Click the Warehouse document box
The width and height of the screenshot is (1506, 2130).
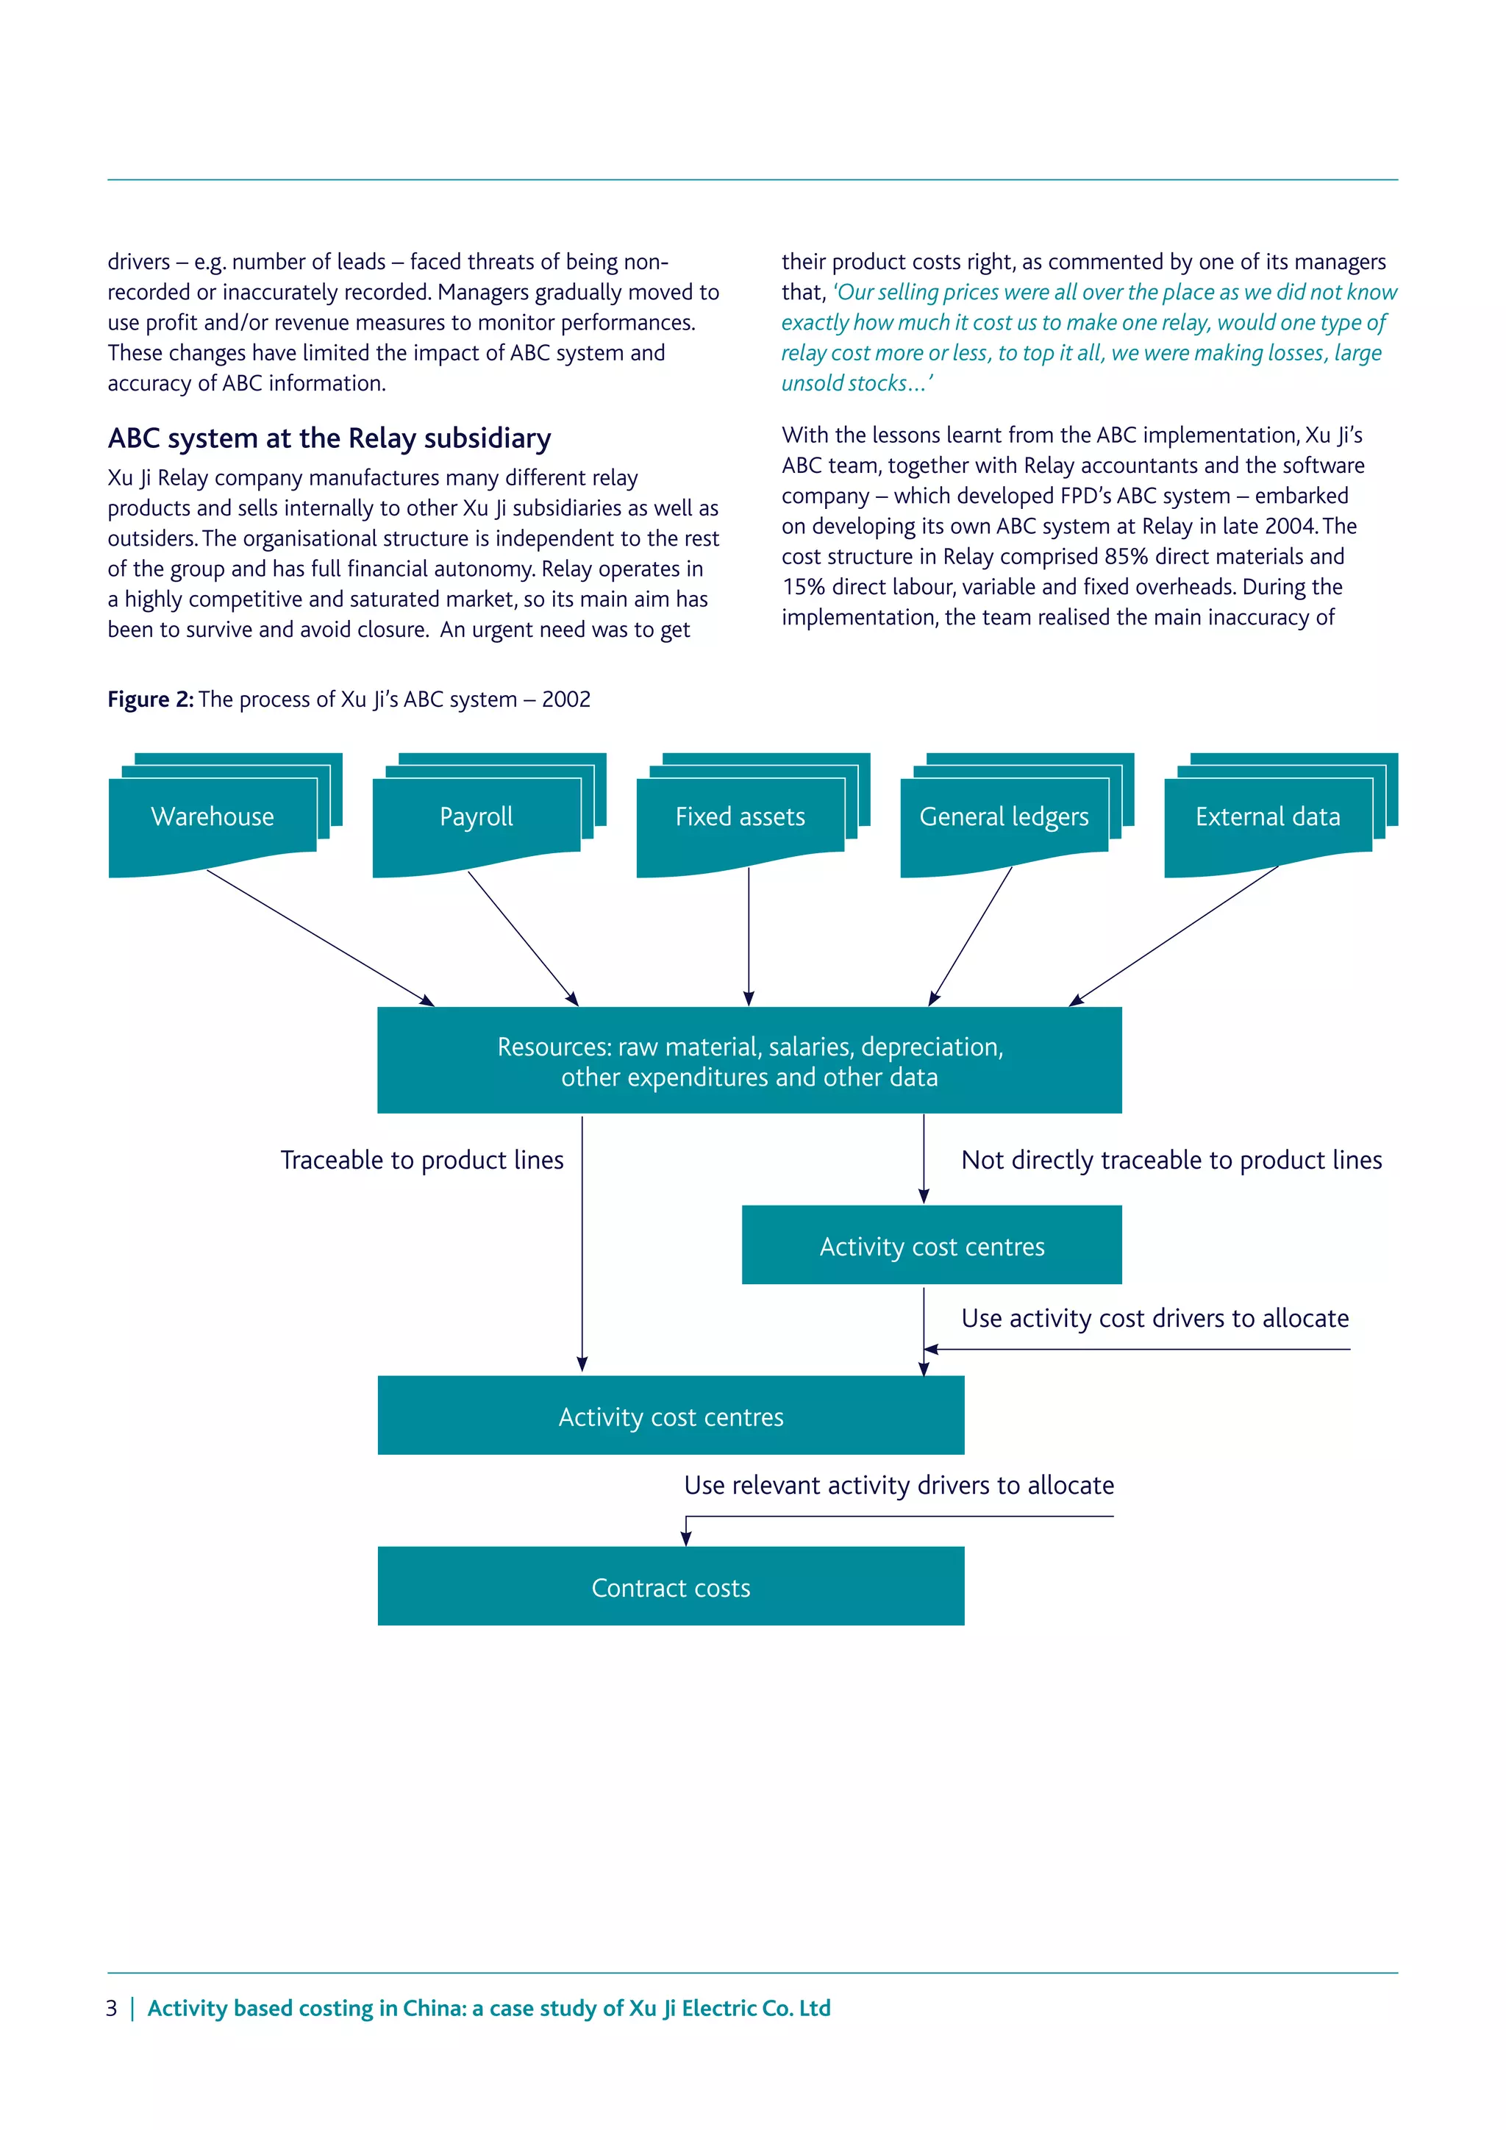(x=213, y=817)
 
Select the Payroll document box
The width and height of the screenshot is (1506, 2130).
(x=477, y=817)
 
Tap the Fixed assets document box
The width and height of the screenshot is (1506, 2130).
(x=740, y=817)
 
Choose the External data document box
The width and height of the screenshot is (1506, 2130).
(x=1268, y=817)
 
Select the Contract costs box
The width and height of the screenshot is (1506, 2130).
(x=671, y=1587)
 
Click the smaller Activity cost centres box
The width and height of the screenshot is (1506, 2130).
(x=931, y=1246)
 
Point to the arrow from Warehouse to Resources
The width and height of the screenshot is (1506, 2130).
(x=320, y=938)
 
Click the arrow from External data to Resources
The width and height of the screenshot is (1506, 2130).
(x=1174, y=936)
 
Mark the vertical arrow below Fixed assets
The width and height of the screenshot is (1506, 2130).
(x=749, y=936)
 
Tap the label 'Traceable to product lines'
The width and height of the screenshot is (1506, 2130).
(x=422, y=1161)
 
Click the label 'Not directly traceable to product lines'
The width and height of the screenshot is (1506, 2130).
(x=1171, y=1161)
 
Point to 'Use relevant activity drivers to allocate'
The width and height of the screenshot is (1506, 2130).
(x=899, y=1485)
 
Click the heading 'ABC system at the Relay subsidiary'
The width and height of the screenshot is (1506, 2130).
(x=329, y=438)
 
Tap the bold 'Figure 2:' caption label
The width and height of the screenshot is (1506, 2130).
(x=150, y=699)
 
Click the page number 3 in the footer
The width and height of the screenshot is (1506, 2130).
(x=111, y=2009)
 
